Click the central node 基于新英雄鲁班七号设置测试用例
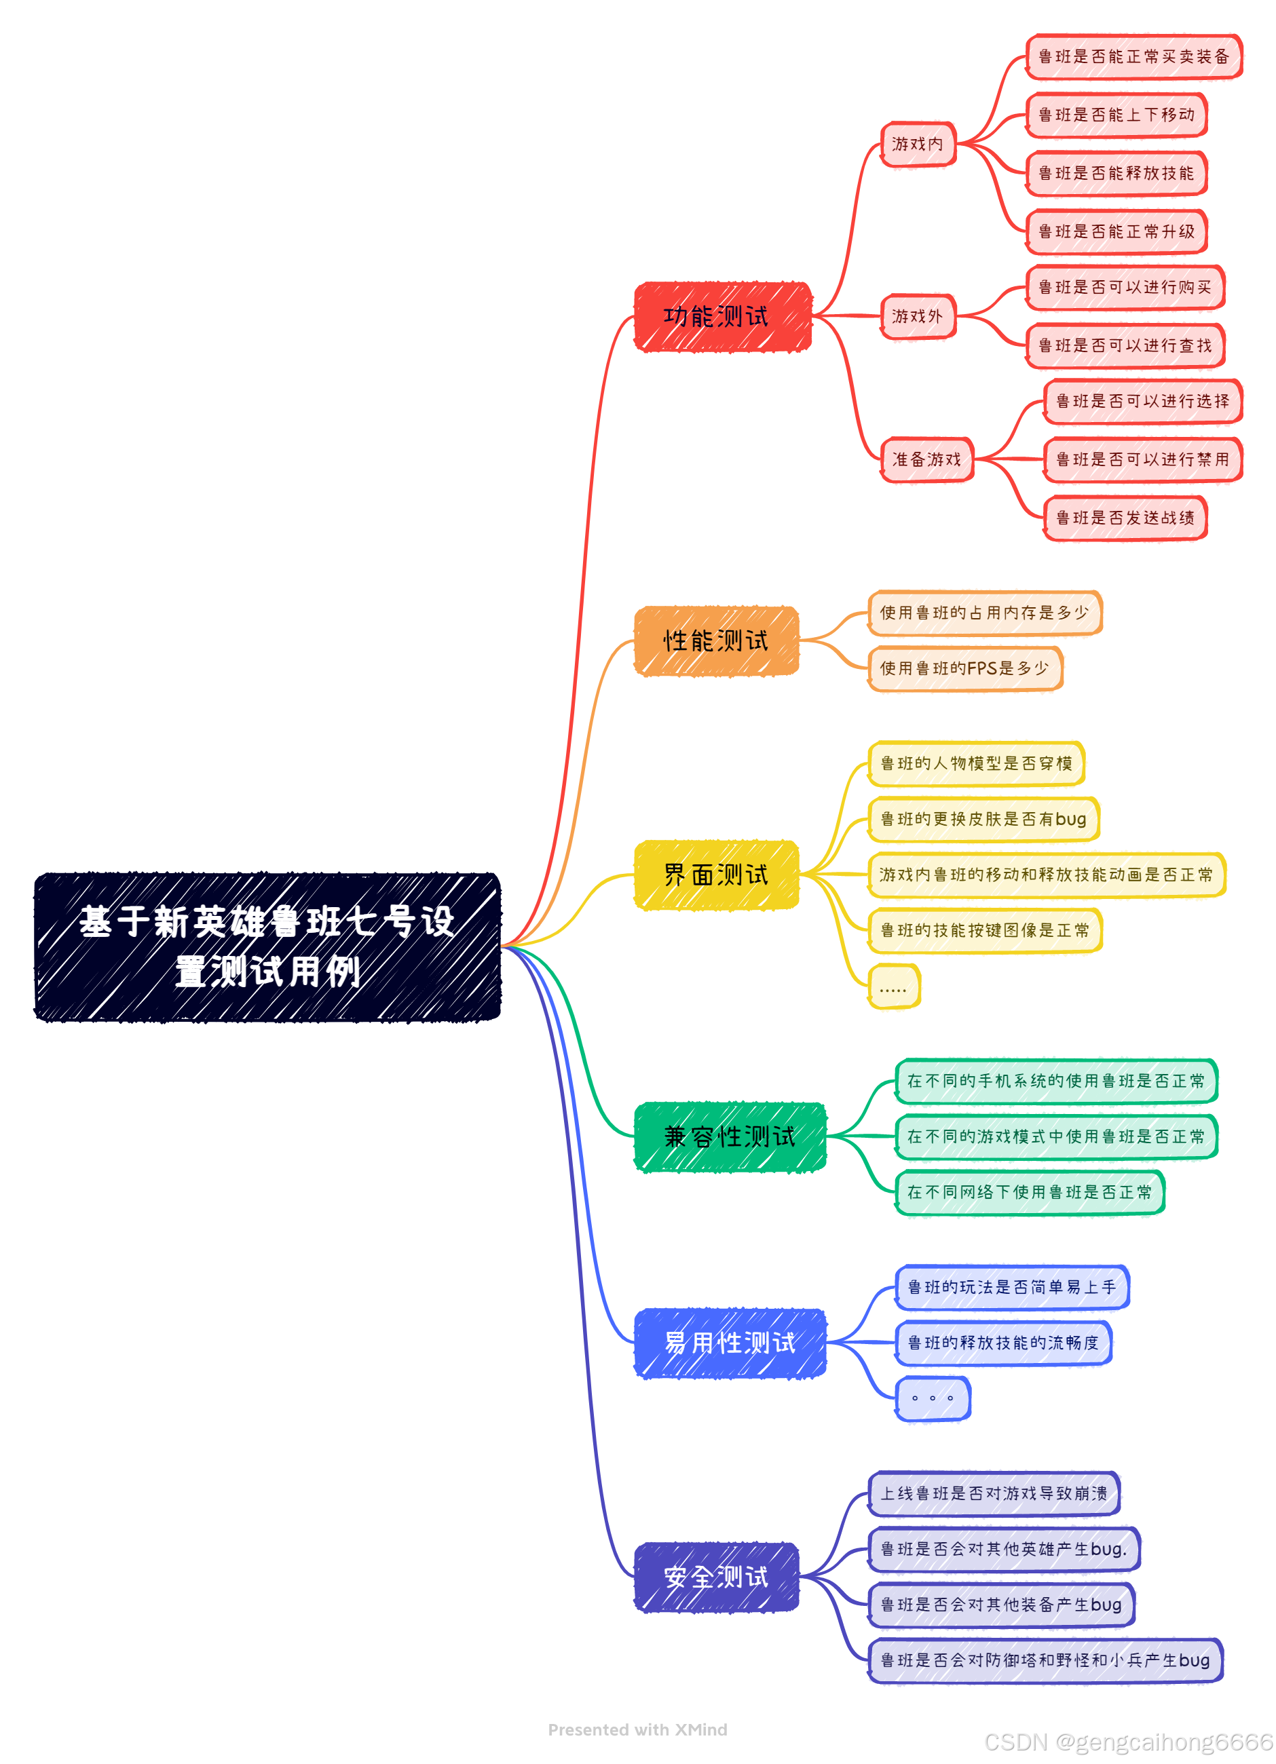click(267, 946)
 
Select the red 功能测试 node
click(723, 317)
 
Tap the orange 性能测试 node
click(717, 641)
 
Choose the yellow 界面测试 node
click(717, 875)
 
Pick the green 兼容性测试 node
click(730, 1136)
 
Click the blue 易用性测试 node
click(730, 1343)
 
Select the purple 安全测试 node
click(717, 1577)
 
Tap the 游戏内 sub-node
click(918, 144)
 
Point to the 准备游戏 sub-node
click(926, 460)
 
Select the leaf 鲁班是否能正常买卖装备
click(1133, 57)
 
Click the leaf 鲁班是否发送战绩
click(1125, 518)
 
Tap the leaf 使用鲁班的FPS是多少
click(964, 668)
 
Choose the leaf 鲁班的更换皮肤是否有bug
click(983, 819)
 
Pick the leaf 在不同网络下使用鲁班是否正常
click(1030, 1192)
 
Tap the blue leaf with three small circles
click(932, 1398)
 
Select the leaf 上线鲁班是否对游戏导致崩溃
click(994, 1493)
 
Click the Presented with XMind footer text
click(637, 1730)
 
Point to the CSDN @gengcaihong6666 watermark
click(1128, 1742)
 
